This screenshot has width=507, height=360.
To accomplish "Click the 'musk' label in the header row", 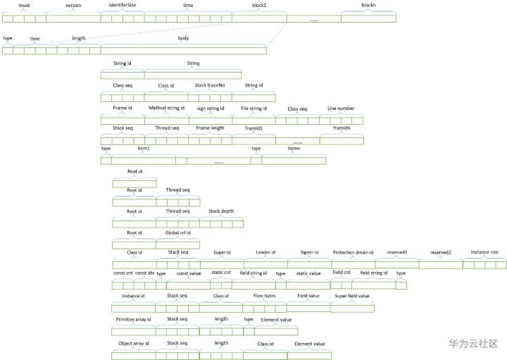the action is (x=24, y=5).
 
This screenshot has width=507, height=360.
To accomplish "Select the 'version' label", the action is (x=73, y=5).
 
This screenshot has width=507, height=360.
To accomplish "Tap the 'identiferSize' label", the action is (x=123, y=5).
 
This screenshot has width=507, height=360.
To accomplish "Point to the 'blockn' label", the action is (x=368, y=5).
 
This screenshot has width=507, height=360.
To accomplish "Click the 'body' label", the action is (x=183, y=38).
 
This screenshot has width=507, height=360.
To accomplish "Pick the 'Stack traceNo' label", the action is (x=210, y=85).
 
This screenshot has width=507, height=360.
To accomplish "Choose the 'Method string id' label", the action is (x=166, y=108).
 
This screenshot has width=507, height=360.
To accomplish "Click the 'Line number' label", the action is (x=341, y=108).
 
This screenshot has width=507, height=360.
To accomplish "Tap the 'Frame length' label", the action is (x=210, y=128).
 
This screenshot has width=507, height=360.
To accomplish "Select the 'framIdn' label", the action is (x=342, y=128).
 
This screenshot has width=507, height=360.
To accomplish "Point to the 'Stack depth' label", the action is (x=221, y=211).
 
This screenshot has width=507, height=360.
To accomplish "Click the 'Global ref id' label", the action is (x=178, y=232).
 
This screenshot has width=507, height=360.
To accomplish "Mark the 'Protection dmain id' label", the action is (x=353, y=252).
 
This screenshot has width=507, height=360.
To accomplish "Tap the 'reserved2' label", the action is (x=440, y=252).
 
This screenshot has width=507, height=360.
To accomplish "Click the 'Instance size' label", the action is (x=484, y=252).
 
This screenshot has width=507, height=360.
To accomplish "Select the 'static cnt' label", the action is (x=221, y=273).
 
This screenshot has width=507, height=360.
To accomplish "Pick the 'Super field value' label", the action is (x=352, y=296).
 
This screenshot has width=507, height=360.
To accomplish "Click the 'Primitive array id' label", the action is (x=133, y=319).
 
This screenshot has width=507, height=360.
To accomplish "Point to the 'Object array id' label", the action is (x=133, y=343).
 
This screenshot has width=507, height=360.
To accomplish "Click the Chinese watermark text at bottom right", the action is (x=472, y=343).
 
